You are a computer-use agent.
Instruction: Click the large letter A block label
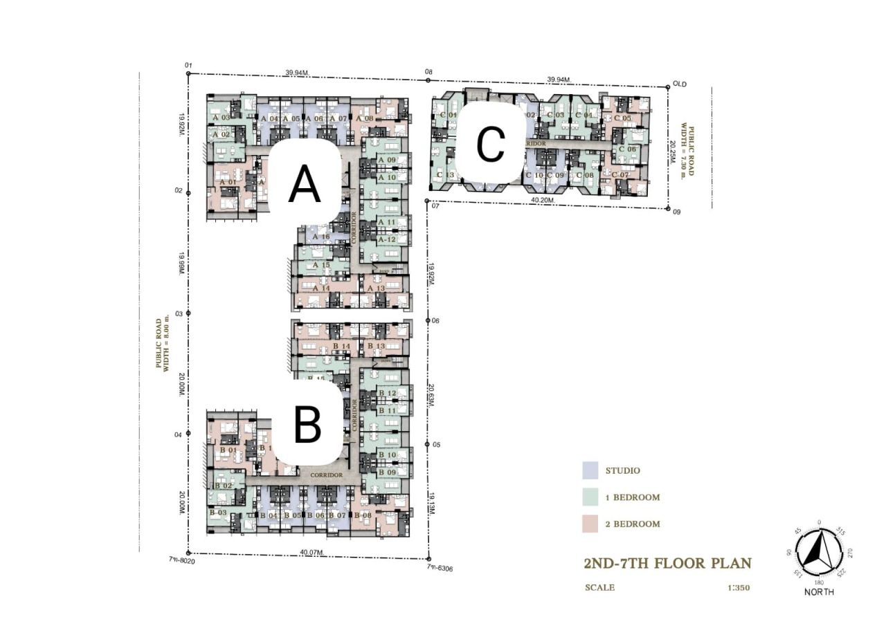tap(305, 185)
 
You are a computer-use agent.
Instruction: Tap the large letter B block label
tap(307, 425)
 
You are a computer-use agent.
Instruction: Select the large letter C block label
tap(491, 145)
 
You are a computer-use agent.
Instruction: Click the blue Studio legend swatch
tap(590, 470)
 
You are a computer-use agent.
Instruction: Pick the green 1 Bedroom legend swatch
tap(590, 497)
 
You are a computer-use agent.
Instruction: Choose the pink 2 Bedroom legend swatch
tap(590, 524)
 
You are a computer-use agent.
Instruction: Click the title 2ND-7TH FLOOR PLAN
tap(667, 562)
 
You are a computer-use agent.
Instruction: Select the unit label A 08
tap(365, 118)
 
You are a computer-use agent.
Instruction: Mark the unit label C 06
tap(627, 149)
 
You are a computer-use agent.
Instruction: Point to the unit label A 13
tap(376, 288)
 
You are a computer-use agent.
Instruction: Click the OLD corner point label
tap(680, 84)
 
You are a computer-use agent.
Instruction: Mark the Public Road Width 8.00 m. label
tap(162, 345)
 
